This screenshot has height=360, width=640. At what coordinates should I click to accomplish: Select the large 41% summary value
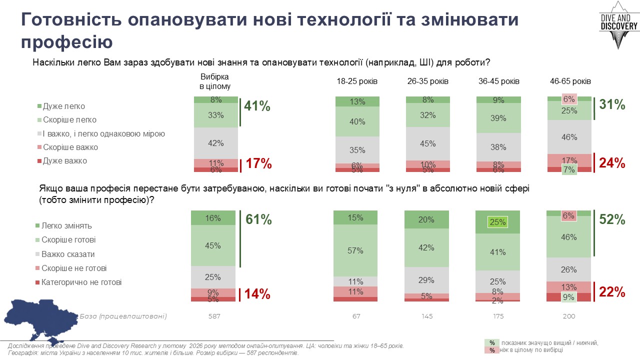click(257, 106)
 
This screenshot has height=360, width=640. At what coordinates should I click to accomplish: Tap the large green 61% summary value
click(258, 219)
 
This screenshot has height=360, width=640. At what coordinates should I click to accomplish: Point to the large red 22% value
click(612, 291)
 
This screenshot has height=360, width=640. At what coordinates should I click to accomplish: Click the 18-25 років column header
click(357, 81)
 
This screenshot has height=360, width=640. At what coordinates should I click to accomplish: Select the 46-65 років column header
click(570, 81)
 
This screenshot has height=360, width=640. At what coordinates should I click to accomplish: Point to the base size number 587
click(214, 316)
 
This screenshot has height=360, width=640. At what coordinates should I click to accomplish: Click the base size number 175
click(498, 316)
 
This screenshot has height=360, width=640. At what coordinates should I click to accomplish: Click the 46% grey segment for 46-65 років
click(569, 137)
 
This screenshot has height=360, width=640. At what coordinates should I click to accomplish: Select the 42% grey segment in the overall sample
click(216, 143)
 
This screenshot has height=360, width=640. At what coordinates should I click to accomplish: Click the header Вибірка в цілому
click(215, 81)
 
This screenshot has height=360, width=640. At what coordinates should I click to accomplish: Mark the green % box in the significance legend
click(492, 342)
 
